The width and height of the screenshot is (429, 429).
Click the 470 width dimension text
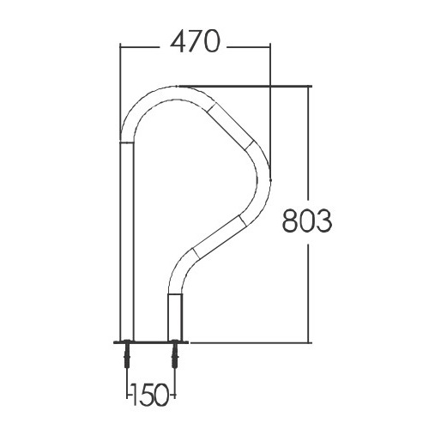[195, 42]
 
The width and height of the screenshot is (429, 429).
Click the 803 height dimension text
[307, 221]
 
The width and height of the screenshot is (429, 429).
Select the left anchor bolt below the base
[127, 355]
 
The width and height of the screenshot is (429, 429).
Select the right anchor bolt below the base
[175, 355]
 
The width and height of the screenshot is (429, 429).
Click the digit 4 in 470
[178, 42]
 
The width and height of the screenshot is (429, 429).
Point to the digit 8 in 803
[291, 221]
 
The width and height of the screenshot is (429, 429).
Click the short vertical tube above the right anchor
[175, 317]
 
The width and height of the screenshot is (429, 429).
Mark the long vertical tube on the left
[127, 241]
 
